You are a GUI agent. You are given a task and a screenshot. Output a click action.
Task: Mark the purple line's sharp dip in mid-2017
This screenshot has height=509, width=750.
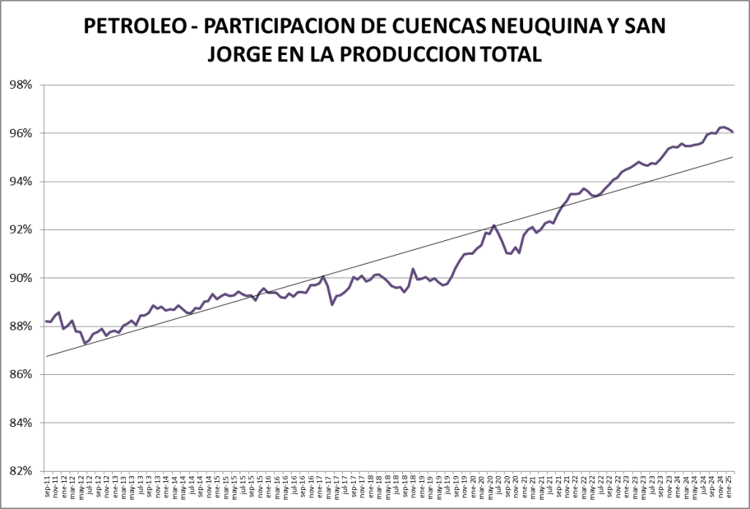(333, 304)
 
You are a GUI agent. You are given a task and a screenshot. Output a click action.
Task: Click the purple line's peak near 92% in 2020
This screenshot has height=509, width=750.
(494, 225)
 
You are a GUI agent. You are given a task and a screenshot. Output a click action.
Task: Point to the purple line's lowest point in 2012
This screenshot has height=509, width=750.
(85, 343)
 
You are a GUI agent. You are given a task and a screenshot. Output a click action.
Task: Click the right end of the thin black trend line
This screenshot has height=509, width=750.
(733, 157)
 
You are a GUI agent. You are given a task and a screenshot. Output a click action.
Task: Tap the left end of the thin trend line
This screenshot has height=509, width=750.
(45, 357)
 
